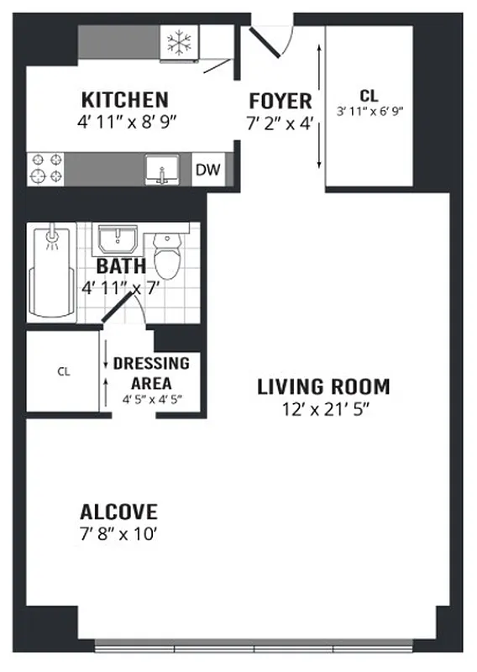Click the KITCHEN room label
(124, 99)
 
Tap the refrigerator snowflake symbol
(177, 43)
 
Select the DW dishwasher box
(208, 171)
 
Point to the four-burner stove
(46, 167)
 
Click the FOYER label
(280, 101)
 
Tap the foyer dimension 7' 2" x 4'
(280, 121)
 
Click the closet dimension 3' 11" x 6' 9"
(370, 111)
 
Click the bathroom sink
(118, 239)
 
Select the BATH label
(122, 267)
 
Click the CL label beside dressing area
(63, 370)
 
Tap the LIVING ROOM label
(323, 387)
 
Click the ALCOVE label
(118, 512)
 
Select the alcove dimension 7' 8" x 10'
(118, 533)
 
